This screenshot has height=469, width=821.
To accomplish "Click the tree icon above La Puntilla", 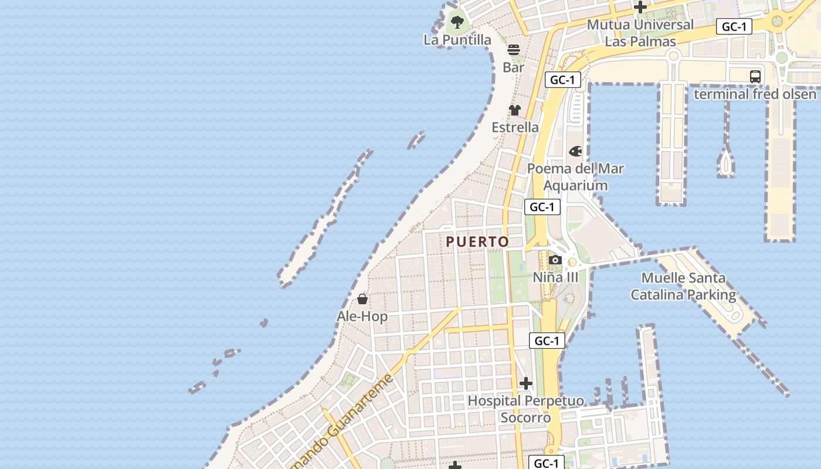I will pos(457,23).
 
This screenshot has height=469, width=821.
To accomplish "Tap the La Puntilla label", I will pos(457,40).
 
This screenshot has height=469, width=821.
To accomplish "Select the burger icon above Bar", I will pos(514,50).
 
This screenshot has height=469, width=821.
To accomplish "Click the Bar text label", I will pos(514,67).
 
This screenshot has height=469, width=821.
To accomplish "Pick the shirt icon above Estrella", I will pos(515,110).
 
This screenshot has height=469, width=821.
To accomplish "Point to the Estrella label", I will pos(515,127).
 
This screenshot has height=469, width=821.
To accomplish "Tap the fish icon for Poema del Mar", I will pos(576,151).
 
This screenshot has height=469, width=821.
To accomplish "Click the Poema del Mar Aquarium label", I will pos(575,177).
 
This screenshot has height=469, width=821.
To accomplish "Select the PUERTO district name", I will pos(477,242).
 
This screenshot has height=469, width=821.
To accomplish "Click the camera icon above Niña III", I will pos(555,260).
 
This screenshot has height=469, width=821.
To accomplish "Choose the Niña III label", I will pos(555,277).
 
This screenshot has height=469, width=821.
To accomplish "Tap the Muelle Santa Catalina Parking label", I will pos(683,286).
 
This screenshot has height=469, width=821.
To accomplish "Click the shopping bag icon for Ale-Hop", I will pos(362,299).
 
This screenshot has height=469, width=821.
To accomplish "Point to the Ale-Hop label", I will pos(362,317).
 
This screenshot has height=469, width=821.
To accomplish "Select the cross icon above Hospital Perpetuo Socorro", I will pos(526,383).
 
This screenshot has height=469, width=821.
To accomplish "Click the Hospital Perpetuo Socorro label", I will pos(525,409).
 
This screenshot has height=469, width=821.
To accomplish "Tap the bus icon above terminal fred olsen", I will pos(755,76).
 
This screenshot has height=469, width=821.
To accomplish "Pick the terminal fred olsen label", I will pos(755,94).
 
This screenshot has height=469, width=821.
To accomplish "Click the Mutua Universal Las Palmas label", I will pos(640,33).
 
